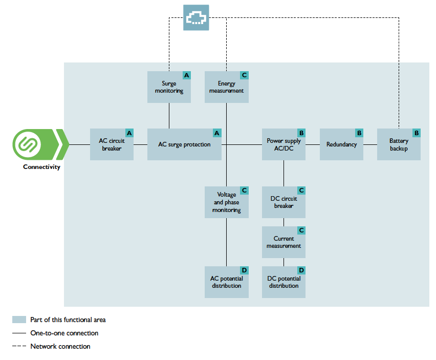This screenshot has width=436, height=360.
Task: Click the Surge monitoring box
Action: [x=169, y=87]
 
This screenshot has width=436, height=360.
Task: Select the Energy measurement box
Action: [x=226, y=87]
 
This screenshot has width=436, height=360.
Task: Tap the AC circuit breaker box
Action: [x=112, y=144]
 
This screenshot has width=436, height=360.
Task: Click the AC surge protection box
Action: [x=184, y=144]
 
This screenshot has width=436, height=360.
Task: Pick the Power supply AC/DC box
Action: [x=284, y=144]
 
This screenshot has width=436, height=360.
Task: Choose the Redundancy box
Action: [x=341, y=144]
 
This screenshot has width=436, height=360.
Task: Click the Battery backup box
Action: [x=399, y=144]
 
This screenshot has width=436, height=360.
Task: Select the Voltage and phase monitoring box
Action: [x=226, y=202]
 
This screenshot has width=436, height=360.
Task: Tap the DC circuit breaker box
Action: [x=284, y=202]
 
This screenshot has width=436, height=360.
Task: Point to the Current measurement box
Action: [x=284, y=242]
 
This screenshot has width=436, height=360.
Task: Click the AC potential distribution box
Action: [x=226, y=282]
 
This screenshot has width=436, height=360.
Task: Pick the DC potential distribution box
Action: [x=284, y=282]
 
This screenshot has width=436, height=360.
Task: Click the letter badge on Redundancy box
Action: [x=359, y=133]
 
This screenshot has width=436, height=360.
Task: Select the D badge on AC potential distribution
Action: [x=244, y=270]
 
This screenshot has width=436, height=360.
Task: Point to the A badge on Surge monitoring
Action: [x=187, y=75]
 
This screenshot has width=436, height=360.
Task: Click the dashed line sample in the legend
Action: [x=19, y=347]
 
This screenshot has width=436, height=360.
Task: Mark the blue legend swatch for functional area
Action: [x=19, y=320]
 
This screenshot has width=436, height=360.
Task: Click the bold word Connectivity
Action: [x=41, y=167]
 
